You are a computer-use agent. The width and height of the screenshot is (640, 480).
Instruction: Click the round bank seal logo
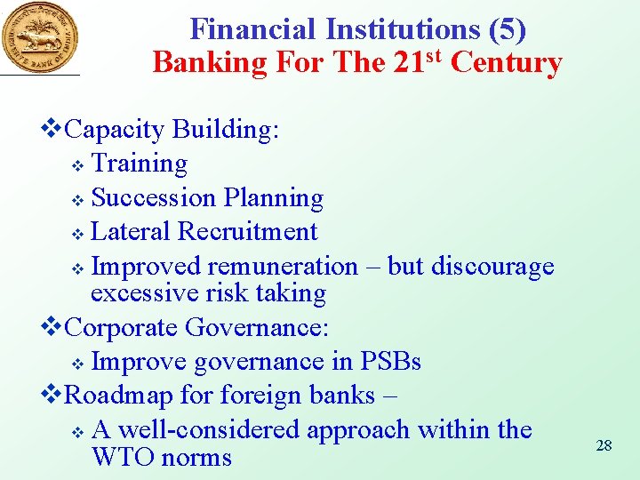(x=39, y=36)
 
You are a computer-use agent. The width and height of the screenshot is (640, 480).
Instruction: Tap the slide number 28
(x=604, y=444)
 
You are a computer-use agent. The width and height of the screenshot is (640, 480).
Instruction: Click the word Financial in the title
(x=253, y=29)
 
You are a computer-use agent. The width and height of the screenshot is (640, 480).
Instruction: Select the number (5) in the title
(x=508, y=29)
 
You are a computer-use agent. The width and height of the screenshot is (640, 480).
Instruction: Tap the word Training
(x=140, y=164)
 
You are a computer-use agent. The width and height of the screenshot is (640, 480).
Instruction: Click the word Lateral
(x=132, y=231)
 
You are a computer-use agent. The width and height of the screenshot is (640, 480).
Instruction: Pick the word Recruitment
(x=247, y=231)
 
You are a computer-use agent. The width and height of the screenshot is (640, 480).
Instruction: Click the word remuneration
(x=282, y=266)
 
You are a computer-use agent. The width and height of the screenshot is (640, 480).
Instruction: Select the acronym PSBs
(x=390, y=362)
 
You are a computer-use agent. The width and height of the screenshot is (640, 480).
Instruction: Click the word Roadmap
(x=120, y=394)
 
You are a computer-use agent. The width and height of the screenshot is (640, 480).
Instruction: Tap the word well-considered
(x=209, y=430)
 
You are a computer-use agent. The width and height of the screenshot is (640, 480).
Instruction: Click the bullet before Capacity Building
(x=53, y=130)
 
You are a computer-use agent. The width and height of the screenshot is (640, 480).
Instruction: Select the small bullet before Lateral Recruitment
(x=77, y=234)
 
